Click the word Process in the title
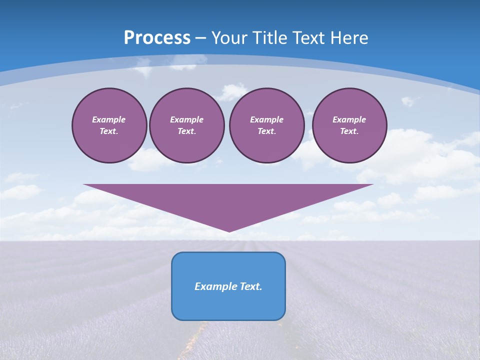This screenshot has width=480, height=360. click(157, 38)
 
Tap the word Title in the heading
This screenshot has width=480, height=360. click(269, 38)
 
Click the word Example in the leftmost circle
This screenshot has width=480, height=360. click(109, 119)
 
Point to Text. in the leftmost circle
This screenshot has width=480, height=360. click(109, 131)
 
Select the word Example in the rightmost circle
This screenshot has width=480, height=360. click(349, 119)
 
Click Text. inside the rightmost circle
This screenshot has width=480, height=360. click(349, 131)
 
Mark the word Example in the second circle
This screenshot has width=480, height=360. click(186, 119)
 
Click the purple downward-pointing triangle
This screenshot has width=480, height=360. click(228, 200)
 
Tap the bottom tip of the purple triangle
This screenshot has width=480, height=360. click(229, 230)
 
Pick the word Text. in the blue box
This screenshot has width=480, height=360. click(250, 286)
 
